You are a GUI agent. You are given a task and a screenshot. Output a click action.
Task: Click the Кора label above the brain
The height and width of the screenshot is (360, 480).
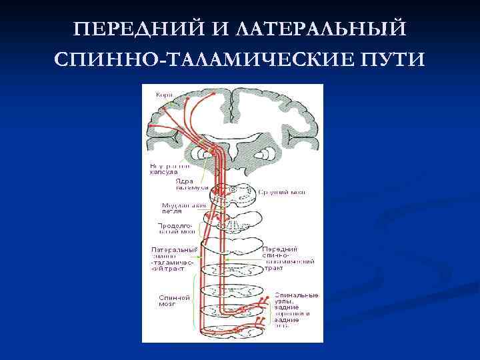click(x=164, y=95)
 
